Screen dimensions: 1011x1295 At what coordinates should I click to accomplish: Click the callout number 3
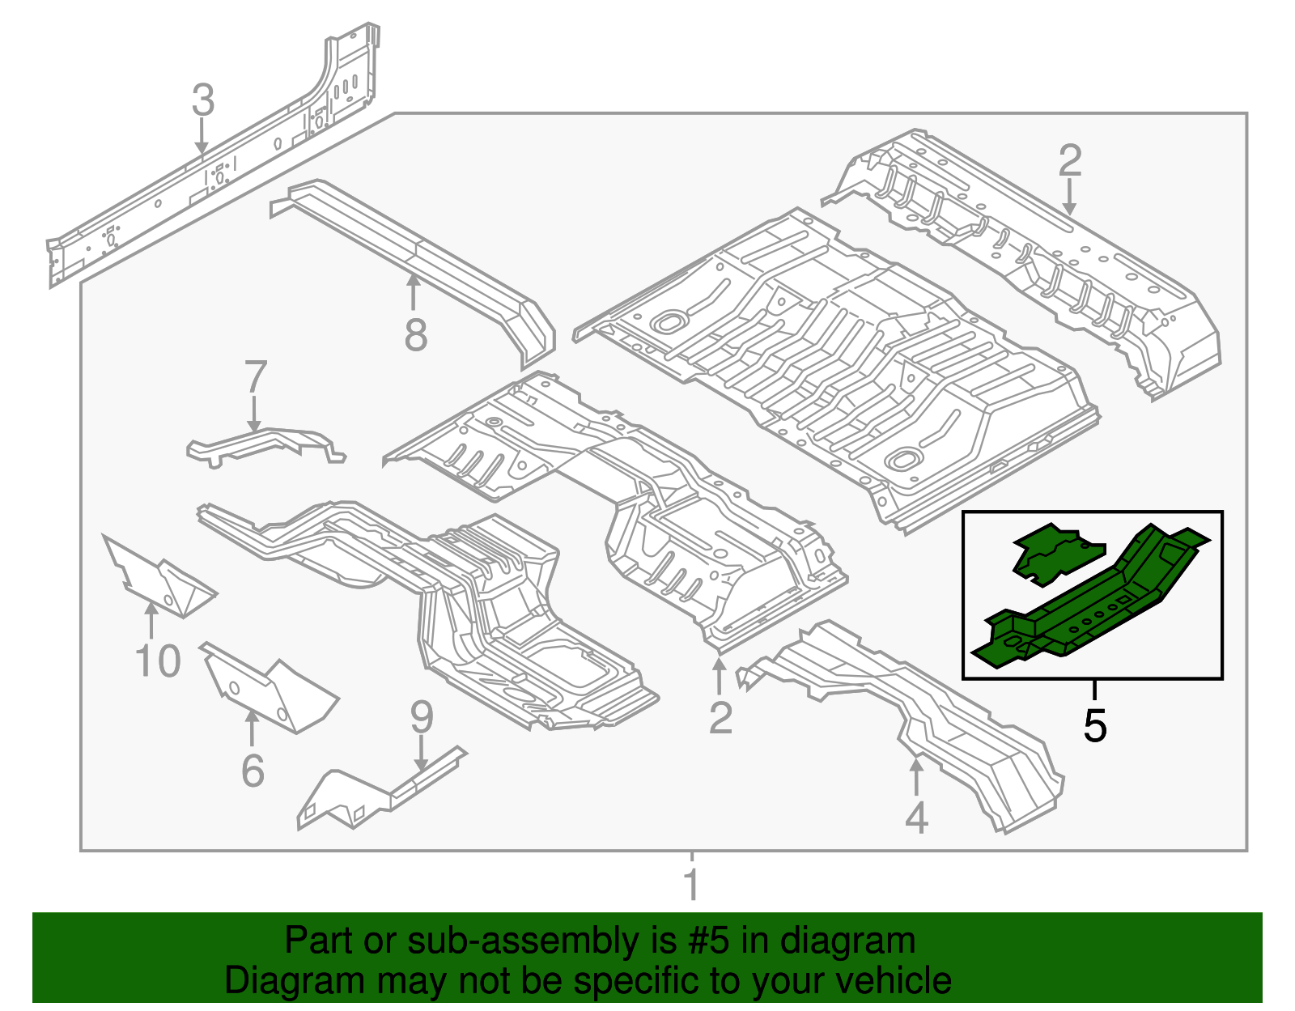coord(203,100)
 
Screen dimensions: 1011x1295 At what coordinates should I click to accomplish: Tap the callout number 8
coord(415,335)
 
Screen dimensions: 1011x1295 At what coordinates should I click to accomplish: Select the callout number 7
coord(255,377)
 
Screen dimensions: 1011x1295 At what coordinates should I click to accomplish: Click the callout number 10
coord(158,661)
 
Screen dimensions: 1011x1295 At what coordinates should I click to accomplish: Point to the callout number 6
coord(253,770)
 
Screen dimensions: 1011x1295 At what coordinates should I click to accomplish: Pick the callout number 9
coord(422,717)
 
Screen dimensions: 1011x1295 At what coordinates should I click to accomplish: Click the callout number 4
coord(916,818)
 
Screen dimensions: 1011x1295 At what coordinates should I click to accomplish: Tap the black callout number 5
coord(1094,725)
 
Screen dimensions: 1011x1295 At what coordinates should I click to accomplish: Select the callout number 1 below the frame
coord(691,884)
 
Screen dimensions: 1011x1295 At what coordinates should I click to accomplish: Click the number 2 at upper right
coord(1070,161)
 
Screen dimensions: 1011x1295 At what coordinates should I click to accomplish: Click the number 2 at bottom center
coord(720,718)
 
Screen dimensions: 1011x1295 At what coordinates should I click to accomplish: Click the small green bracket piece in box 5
coord(1056,553)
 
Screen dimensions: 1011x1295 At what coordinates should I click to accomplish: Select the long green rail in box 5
coord(1101,599)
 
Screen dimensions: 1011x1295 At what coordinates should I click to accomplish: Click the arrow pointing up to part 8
coord(414,291)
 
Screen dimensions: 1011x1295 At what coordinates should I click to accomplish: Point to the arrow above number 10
coord(151,621)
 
